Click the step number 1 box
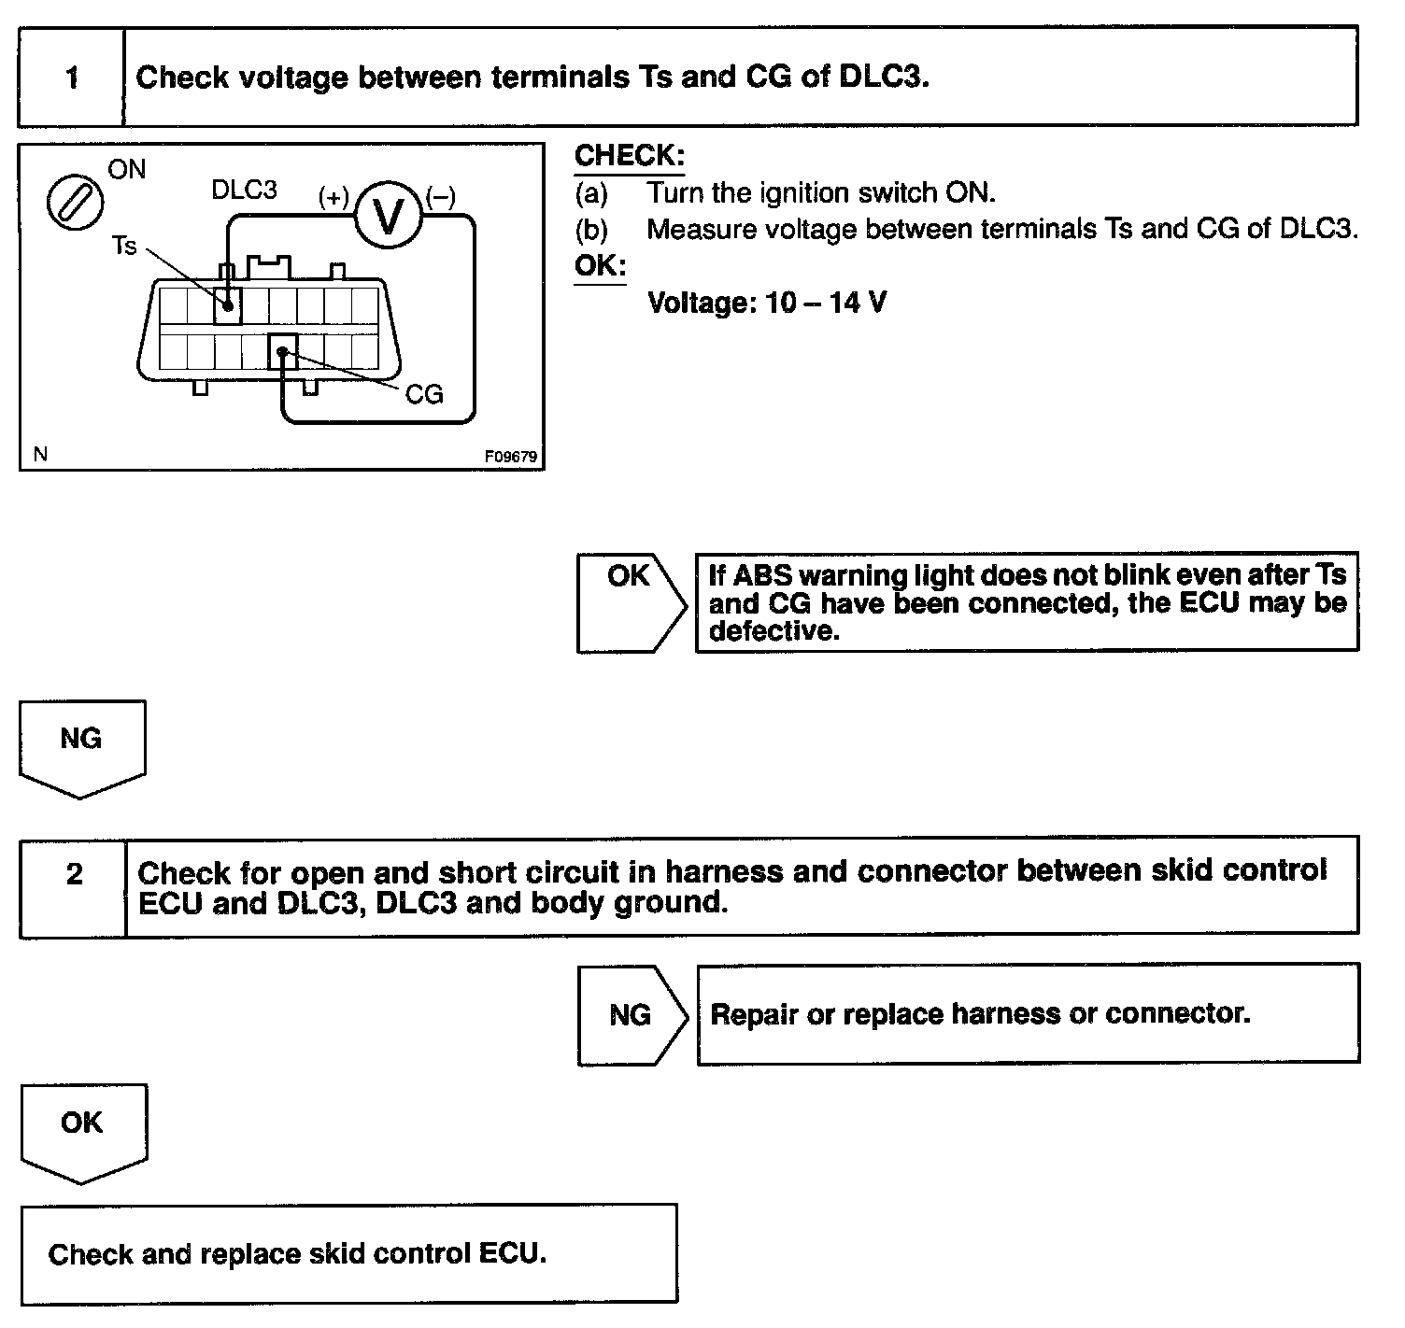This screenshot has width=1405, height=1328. click(72, 78)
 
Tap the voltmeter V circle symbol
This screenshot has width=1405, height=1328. click(387, 216)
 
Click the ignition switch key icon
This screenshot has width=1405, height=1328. click(75, 203)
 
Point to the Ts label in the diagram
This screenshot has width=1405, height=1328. click(124, 247)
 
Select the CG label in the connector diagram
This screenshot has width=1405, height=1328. click(424, 394)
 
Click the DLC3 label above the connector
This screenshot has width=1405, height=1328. click(244, 191)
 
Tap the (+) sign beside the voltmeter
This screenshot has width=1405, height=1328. click(334, 197)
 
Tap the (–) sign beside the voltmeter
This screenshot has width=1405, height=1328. click(440, 197)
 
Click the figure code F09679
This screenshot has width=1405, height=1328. click(511, 458)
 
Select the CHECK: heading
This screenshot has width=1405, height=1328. click(629, 156)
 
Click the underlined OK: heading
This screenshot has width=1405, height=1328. click(600, 266)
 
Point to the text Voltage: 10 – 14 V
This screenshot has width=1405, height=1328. click(767, 303)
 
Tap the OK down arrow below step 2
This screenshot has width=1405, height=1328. click(82, 1130)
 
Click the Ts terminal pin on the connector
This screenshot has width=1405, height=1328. click(227, 304)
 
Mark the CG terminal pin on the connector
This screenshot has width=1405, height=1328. click(282, 352)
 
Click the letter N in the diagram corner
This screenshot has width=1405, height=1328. click(40, 455)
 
